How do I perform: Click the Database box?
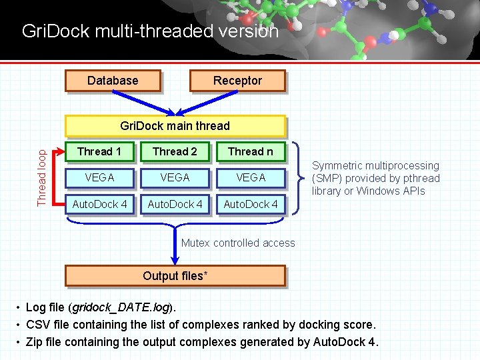coord(113,81)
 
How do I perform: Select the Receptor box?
coord(237,81)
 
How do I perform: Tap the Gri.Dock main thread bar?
coord(175,126)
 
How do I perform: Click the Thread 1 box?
coord(99,152)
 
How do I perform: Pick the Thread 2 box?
coord(175,152)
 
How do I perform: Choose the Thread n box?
coord(250,152)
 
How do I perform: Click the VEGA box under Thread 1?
coord(99,178)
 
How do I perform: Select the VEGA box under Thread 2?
coord(175,178)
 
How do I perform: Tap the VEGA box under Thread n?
coord(250,178)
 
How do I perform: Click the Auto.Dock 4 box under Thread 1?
coord(99,204)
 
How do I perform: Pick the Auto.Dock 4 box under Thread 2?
coord(175,204)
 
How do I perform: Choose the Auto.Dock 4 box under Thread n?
coord(250,204)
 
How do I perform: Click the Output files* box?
coord(175,276)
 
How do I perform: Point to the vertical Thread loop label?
coord(43,177)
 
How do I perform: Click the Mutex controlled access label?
coord(238,243)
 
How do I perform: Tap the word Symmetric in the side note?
coord(338,165)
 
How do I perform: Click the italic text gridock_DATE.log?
coord(122,308)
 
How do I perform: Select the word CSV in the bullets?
coord(37,325)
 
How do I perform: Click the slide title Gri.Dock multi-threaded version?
coord(150,31)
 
